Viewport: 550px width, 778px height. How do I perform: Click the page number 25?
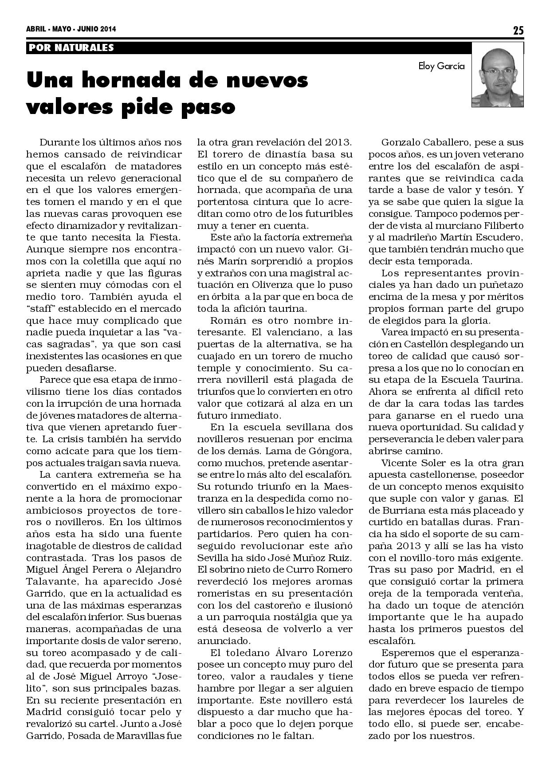[x=518, y=31]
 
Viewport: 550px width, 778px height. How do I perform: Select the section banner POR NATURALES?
[x=71, y=47]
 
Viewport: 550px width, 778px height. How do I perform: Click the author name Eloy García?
[x=442, y=67]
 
